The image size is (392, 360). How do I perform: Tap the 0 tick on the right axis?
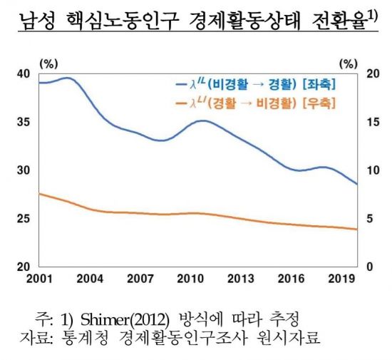click(x=368, y=267)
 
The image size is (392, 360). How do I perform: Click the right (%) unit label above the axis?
click(x=347, y=63)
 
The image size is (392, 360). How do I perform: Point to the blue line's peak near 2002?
click(x=66, y=78)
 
